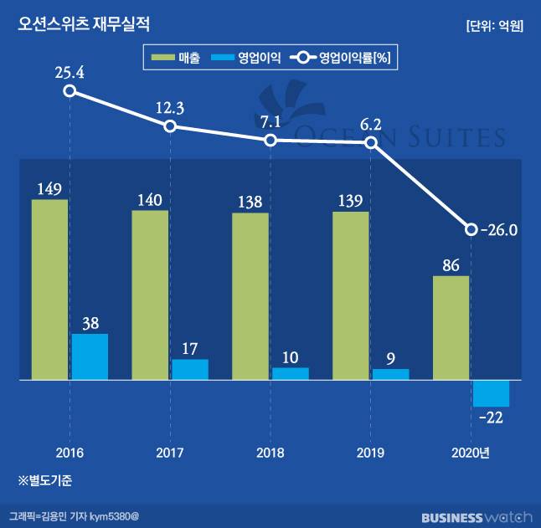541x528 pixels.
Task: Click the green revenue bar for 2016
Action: (x=49, y=290)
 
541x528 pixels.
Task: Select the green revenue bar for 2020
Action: (x=451, y=328)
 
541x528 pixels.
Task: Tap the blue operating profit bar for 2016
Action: (x=90, y=356)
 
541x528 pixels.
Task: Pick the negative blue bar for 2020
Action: (x=491, y=393)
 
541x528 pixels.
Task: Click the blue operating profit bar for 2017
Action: (x=190, y=369)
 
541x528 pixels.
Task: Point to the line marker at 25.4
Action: (x=70, y=91)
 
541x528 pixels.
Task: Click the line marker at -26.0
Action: (x=471, y=229)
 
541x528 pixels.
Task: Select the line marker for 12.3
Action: (x=170, y=126)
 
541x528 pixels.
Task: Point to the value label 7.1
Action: (x=270, y=121)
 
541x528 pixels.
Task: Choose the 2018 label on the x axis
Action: (x=270, y=453)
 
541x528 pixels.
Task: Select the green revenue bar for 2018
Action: (x=250, y=296)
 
